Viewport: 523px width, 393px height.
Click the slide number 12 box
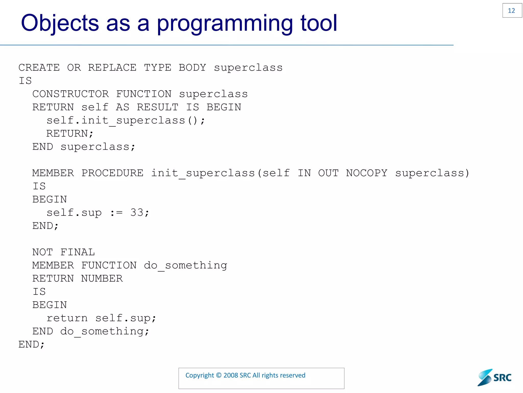[x=512, y=10]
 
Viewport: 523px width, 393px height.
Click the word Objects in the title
[x=60, y=23]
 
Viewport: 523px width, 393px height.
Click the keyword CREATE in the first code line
[x=39, y=68]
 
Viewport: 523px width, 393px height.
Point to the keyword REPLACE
[x=112, y=68]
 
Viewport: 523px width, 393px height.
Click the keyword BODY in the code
[x=192, y=68]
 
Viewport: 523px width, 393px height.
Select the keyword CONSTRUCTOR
[x=70, y=94]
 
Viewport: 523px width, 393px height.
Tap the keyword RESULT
[x=158, y=107]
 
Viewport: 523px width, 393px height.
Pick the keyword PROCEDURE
[x=112, y=173]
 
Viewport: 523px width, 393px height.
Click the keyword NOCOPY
[x=367, y=173]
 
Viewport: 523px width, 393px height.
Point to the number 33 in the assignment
[x=137, y=213]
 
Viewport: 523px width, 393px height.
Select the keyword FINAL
[x=78, y=252]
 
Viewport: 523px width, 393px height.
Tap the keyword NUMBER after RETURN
[x=102, y=279]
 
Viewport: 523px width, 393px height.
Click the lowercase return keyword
[x=67, y=318]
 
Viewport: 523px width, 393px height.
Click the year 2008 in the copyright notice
[x=231, y=375]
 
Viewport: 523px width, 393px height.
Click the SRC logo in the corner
[x=494, y=377]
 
